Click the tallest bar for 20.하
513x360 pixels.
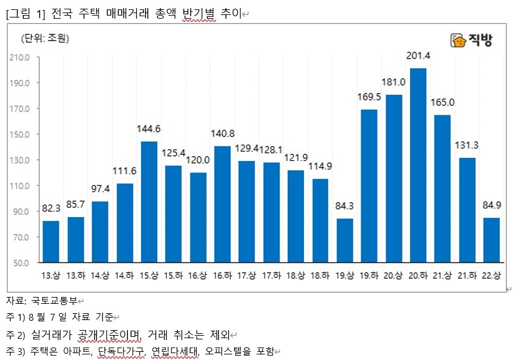[x=418, y=165]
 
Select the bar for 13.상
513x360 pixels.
[x=51, y=241]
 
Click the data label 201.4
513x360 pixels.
[x=418, y=56]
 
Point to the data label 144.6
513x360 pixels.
[x=149, y=129]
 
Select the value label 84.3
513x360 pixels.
[x=344, y=207]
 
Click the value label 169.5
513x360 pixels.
[x=369, y=97]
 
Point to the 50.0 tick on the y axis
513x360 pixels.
[x=21, y=263]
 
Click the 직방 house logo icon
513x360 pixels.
[x=459, y=41]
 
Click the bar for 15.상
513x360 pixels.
[x=149, y=202]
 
